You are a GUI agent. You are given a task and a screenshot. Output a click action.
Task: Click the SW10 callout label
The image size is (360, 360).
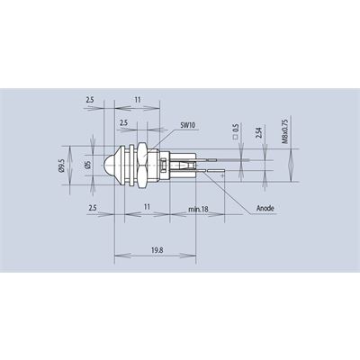point(188,125)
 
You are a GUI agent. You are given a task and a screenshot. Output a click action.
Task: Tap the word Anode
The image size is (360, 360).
point(265,208)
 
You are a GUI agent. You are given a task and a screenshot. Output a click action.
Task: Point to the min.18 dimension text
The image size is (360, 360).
point(198,209)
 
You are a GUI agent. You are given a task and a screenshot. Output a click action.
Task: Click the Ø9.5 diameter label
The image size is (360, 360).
point(62,165)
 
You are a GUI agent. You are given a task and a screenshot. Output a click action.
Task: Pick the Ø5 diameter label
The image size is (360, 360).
point(88,165)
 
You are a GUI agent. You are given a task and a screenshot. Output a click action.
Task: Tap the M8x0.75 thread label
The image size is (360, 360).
point(285,131)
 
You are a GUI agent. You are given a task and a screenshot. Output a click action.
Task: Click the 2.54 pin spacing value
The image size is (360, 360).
point(260,132)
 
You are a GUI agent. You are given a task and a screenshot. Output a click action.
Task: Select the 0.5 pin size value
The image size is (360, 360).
point(236,128)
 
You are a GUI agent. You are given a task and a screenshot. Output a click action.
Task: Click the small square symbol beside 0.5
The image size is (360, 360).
point(236,138)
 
